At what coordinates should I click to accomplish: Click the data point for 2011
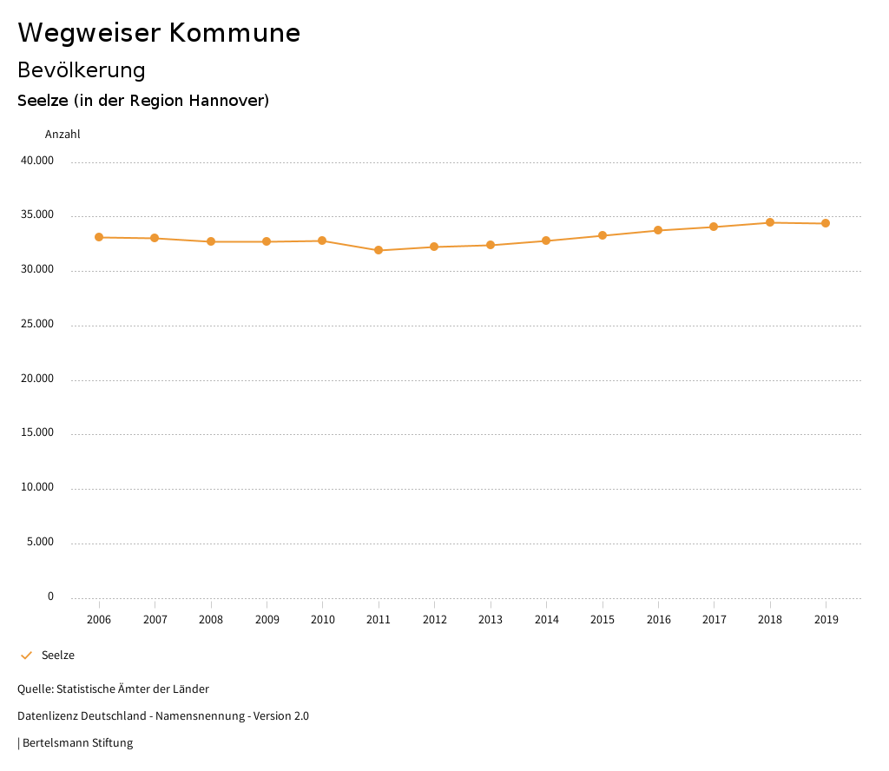coord(379,250)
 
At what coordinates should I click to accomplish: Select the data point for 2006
coord(99,237)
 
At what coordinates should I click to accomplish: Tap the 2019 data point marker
coord(826,223)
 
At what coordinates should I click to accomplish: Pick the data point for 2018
coord(770,222)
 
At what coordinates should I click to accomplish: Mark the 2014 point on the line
coord(546,241)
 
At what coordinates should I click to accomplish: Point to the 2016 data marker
coord(658,230)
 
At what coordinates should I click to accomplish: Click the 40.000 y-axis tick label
coord(37,161)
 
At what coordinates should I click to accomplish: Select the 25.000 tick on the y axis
coord(37,324)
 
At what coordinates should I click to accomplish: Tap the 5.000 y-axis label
coord(40,542)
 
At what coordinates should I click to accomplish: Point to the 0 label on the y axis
coord(50,596)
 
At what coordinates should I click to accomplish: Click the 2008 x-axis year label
coord(211,619)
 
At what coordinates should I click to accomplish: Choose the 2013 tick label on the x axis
coord(491,619)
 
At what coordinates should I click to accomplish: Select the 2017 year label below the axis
coord(714,619)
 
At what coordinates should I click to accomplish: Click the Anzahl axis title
coord(63,135)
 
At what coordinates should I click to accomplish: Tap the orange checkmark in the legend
coord(26,655)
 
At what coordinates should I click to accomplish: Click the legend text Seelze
coord(58,655)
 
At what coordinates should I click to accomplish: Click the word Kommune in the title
coord(234,33)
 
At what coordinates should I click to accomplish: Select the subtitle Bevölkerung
coord(82,69)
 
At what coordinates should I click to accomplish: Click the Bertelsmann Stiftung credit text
coord(77,742)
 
